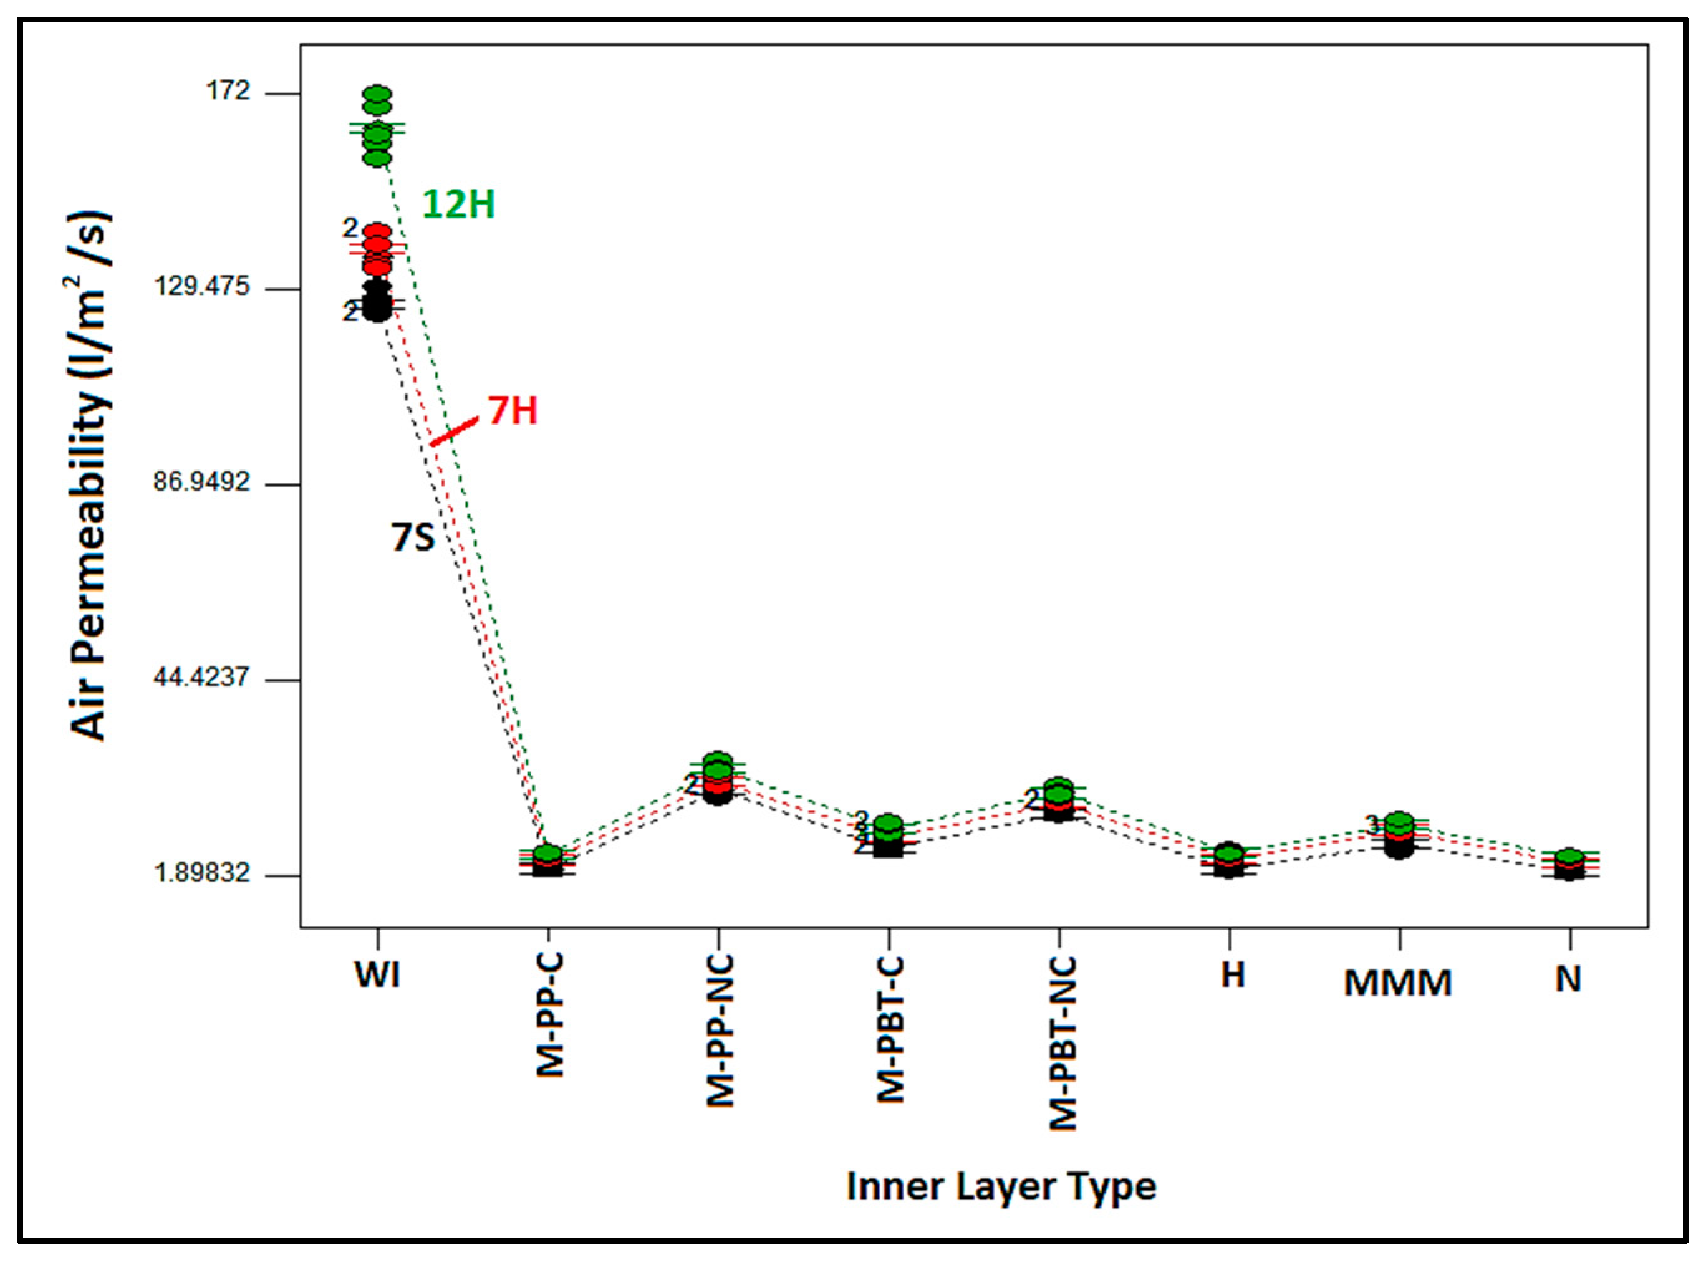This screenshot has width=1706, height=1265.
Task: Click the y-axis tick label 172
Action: point(228,92)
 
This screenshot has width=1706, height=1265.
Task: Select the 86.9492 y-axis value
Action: point(201,483)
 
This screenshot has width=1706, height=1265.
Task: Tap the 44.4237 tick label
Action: point(201,678)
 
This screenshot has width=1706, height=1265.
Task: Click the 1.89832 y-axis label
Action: point(201,873)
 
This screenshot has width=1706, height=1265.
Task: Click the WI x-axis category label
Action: point(377,976)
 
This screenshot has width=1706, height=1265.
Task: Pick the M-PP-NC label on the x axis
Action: point(720,1031)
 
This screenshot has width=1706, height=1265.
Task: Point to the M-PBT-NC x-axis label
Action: point(1062,1043)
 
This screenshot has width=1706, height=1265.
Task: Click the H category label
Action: point(1232,975)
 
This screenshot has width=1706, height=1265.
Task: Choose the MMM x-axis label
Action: point(1398,983)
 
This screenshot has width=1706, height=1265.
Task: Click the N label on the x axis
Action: point(1568,979)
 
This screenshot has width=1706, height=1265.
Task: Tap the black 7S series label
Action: point(413,537)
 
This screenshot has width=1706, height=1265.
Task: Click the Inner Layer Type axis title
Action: point(1001,1186)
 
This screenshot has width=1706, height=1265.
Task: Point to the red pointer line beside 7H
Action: point(454,431)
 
